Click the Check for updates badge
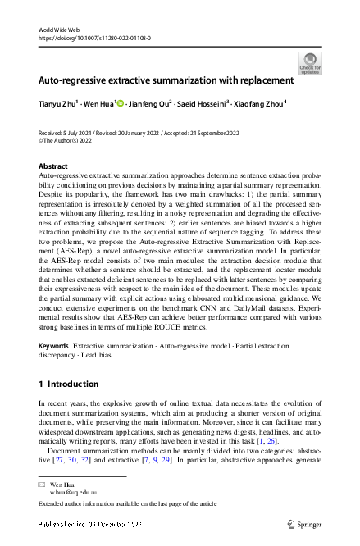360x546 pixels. (x=310, y=62)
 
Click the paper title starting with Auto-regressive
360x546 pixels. (x=166, y=81)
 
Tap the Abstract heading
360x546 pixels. (x=54, y=166)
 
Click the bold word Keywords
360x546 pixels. (x=54, y=347)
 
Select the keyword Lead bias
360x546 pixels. (x=98, y=355)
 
